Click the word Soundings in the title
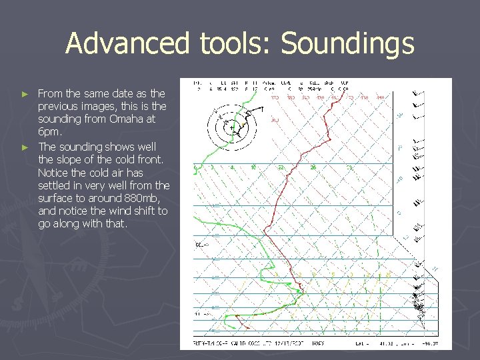coord(348,44)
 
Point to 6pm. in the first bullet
coord(49,132)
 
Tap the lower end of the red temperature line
coord(247,329)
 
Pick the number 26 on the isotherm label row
coord(313,167)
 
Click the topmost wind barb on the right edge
coord(419,93)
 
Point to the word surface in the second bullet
coord(55,198)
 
